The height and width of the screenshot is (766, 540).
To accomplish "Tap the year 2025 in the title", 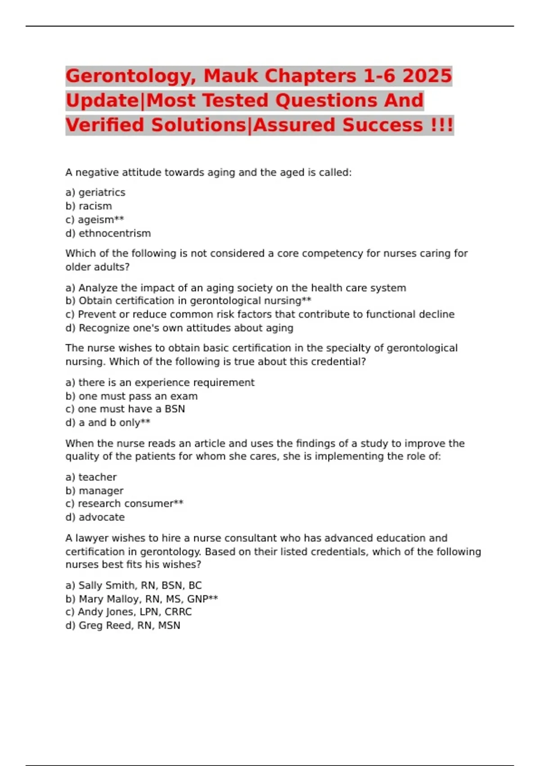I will click(427, 76).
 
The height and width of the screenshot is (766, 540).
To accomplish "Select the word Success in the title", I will click(382, 125).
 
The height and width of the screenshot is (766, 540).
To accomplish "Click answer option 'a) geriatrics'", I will click(95, 192).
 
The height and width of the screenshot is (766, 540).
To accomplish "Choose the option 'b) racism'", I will click(89, 206).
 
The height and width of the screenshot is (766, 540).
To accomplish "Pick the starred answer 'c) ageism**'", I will click(94, 220).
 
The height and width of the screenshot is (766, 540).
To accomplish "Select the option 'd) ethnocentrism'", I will click(108, 233).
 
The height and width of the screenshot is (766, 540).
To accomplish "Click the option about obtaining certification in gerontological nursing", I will click(188, 301).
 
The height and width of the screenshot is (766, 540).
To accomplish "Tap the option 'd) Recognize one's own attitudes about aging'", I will click(179, 328).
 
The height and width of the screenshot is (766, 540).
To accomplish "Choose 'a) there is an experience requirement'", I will click(160, 383).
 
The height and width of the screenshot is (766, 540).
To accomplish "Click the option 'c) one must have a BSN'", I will click(125, 409).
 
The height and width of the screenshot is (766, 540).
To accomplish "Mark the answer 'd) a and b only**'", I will click(108, 423).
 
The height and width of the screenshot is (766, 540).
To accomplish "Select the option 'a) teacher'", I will click(91, 477).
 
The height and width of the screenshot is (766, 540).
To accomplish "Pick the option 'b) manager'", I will click(94, 491).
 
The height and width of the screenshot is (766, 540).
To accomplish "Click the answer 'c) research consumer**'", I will click(124, 504).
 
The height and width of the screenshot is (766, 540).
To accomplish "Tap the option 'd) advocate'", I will click(95, 517).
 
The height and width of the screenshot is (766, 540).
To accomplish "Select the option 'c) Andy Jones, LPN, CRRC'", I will click(128, 612).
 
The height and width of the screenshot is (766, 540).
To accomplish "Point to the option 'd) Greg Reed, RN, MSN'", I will click(123, 625).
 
